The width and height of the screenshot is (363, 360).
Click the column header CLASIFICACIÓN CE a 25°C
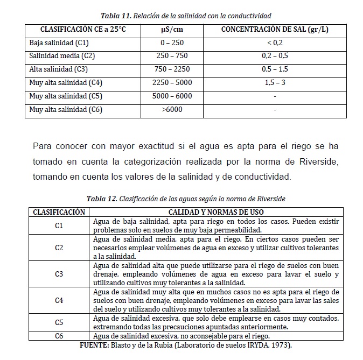tap(83, 29)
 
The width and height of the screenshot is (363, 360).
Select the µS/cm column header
tap(172, 29)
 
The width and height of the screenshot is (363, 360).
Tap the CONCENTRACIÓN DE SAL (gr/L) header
tap(275, 29)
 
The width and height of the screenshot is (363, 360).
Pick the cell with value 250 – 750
tap(172, 56)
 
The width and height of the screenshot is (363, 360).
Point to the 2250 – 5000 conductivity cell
tap(172, 83)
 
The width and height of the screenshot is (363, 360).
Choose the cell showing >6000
tap(172, 110)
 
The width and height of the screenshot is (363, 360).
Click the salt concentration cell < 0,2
tap(275, 43)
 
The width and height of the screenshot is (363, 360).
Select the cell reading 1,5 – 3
tap(275, 83)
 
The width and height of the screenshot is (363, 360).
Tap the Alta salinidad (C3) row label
tap(59, 69)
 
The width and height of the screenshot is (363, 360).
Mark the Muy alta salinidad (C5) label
tap(66, 96)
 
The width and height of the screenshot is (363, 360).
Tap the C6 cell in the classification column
tap(59, 336)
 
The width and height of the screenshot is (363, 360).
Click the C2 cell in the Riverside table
tap(59, 248)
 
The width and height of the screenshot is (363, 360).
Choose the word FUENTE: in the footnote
tap(95, 344)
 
